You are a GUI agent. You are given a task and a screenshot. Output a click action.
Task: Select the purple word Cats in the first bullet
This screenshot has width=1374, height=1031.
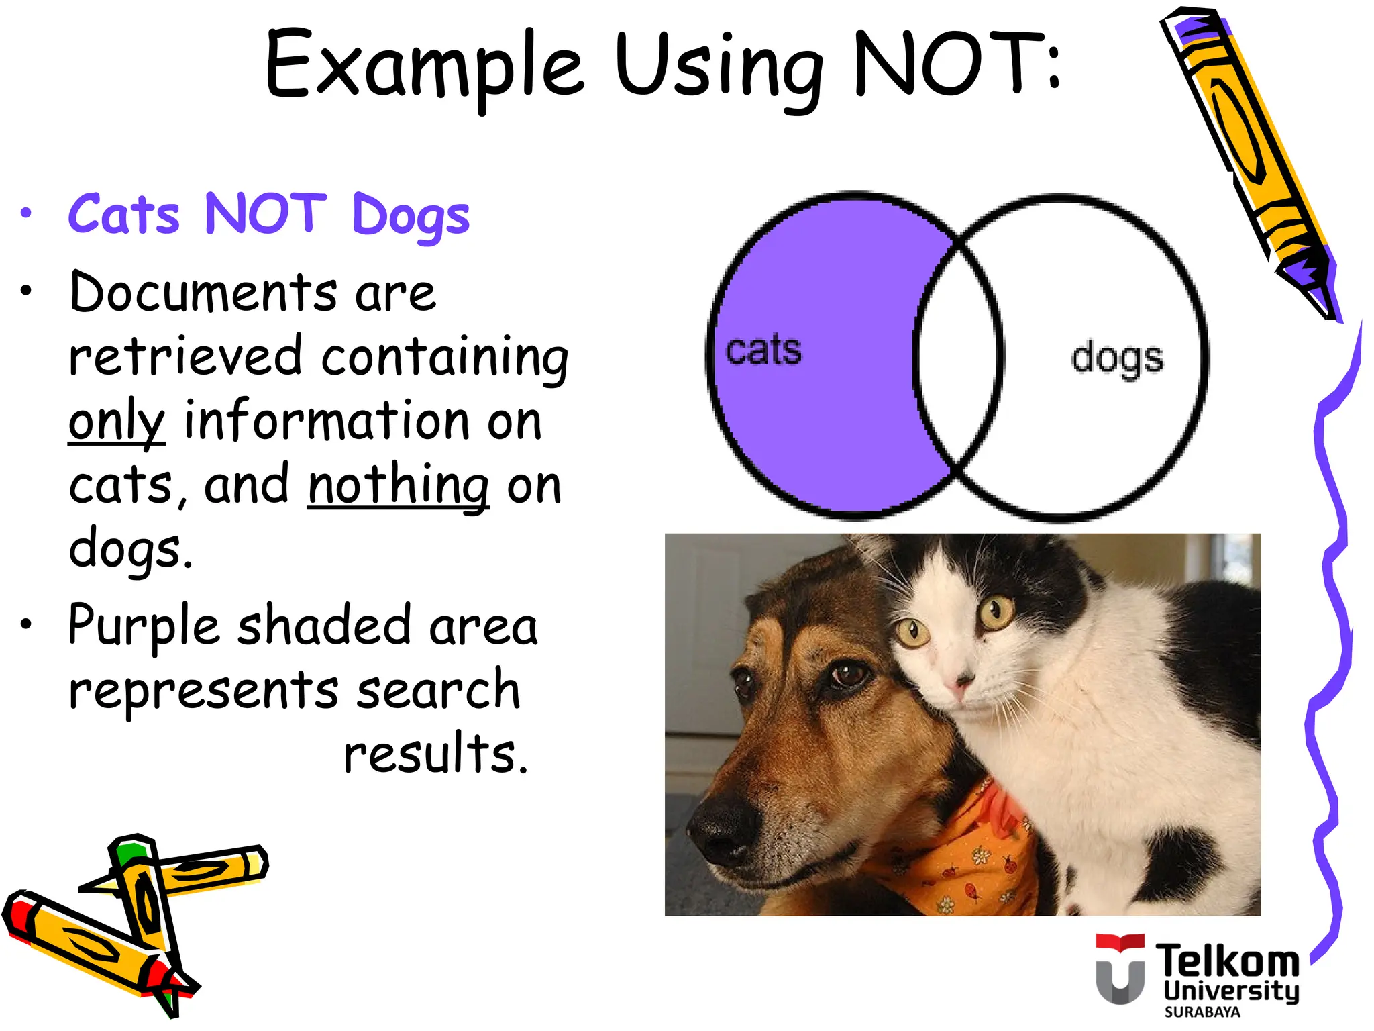click(x=124, y=215)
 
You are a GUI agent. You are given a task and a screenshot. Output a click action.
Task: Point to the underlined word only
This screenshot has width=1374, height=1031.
click(x=117, y=422)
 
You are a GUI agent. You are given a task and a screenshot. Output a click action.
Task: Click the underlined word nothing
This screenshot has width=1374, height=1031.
click(x=398, y=485)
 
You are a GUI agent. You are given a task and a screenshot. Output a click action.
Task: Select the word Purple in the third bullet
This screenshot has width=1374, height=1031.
click(x=144, y=626)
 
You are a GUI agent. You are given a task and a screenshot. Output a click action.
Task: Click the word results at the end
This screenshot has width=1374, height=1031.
click(x=435, y=753)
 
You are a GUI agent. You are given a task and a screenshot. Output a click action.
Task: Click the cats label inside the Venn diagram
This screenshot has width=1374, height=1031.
click(x=763, y=350)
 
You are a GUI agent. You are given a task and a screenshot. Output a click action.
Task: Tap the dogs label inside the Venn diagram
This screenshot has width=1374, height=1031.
click(x=1116, y=358)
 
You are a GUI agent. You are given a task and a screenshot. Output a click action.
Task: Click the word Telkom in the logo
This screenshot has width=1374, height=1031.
click(x=1226, y=961)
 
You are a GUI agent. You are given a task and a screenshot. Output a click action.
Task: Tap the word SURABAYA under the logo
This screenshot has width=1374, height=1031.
click(x=1202, y=1012)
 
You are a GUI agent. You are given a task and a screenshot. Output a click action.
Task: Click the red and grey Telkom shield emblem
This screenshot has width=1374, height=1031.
click(x=1120, y=969)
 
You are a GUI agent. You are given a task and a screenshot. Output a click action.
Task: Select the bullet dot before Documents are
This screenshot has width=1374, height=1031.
click(x=25, y=291)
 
